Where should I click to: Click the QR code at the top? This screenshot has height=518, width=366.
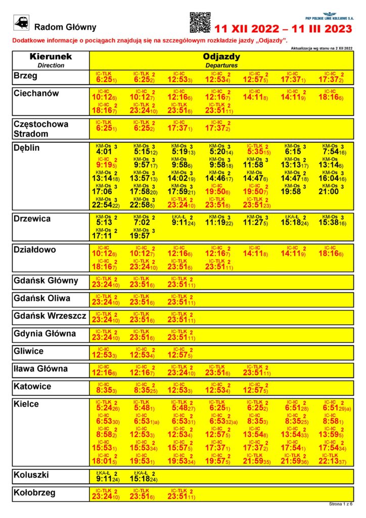(x=200, y=22)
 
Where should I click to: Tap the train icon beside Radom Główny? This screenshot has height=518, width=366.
(x=22, y=22)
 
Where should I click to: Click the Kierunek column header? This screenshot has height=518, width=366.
(x=51, y=57)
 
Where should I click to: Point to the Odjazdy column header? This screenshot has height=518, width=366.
(x=221, y=57)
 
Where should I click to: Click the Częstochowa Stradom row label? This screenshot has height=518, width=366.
(x=41, y=128)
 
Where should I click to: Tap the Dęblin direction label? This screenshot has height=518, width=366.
(x=27, y=148)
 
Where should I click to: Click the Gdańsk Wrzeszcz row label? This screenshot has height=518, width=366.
(x=50, y=316)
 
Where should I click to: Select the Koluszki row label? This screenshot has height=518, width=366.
(x=32, y=474)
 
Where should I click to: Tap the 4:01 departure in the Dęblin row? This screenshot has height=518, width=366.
(x=104, y=151)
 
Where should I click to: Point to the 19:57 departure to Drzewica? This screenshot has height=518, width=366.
(x=140, y=236)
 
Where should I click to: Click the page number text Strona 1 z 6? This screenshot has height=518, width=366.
(x=341, y=504)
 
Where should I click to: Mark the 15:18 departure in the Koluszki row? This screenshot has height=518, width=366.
(x=139, y=478)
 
